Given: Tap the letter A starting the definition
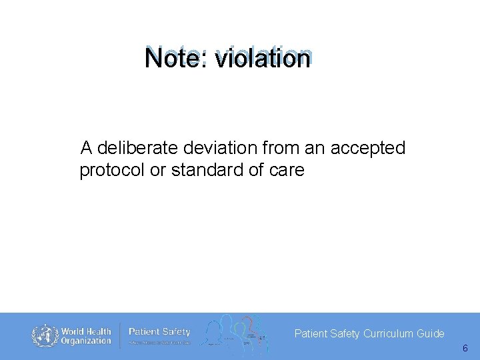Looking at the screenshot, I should point(86,148).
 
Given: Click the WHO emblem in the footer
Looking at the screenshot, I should point(45,335).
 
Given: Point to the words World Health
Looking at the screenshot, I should point(87,331).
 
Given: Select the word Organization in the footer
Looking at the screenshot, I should point(87,341).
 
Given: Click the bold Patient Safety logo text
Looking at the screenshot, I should point(159,331).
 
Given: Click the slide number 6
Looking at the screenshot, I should point(465,349).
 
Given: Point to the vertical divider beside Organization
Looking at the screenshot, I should point(120,335).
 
